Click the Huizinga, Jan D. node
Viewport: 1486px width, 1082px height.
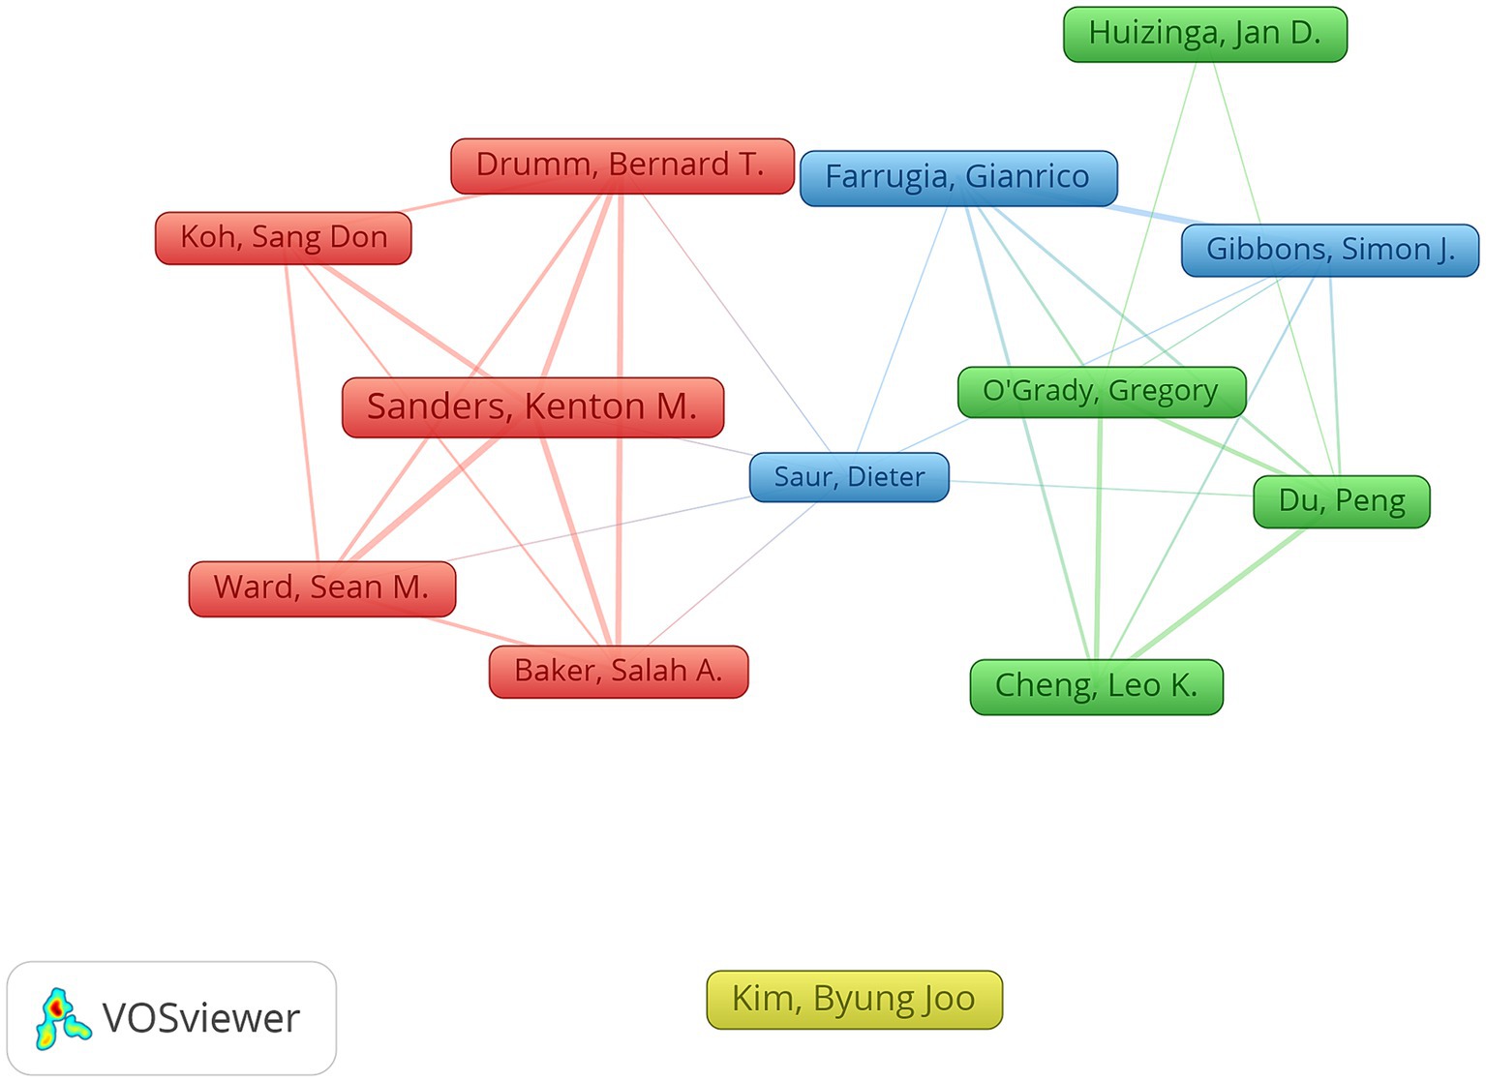click(1205, 35)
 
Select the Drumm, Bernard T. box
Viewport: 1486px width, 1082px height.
click(622, 165)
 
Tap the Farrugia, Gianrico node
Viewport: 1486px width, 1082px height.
click(958, 178)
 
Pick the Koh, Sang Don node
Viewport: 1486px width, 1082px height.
click(284, 238)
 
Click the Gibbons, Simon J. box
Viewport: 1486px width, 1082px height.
click(1330, 250)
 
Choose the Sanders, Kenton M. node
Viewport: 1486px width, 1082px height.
click(532, 407)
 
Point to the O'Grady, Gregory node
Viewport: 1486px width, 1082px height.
click(1102, 392)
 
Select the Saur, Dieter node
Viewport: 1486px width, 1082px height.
click(849, 477)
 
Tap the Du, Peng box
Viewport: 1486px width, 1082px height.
click(1342, 501)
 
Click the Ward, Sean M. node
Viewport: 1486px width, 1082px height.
click(322, 588)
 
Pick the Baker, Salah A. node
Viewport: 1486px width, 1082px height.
click(619, 672)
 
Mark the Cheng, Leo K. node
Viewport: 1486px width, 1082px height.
click(1097, 686)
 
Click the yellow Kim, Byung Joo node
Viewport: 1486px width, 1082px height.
click(855, 1000)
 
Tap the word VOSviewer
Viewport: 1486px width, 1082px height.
click(201, 1018)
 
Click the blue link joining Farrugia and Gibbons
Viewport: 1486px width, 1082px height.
click(1154, 215)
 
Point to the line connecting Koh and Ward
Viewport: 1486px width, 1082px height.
click(302, 413)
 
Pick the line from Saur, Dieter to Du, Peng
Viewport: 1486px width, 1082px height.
click(1102, 489)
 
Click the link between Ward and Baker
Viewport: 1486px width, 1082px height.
click(477, 632)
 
